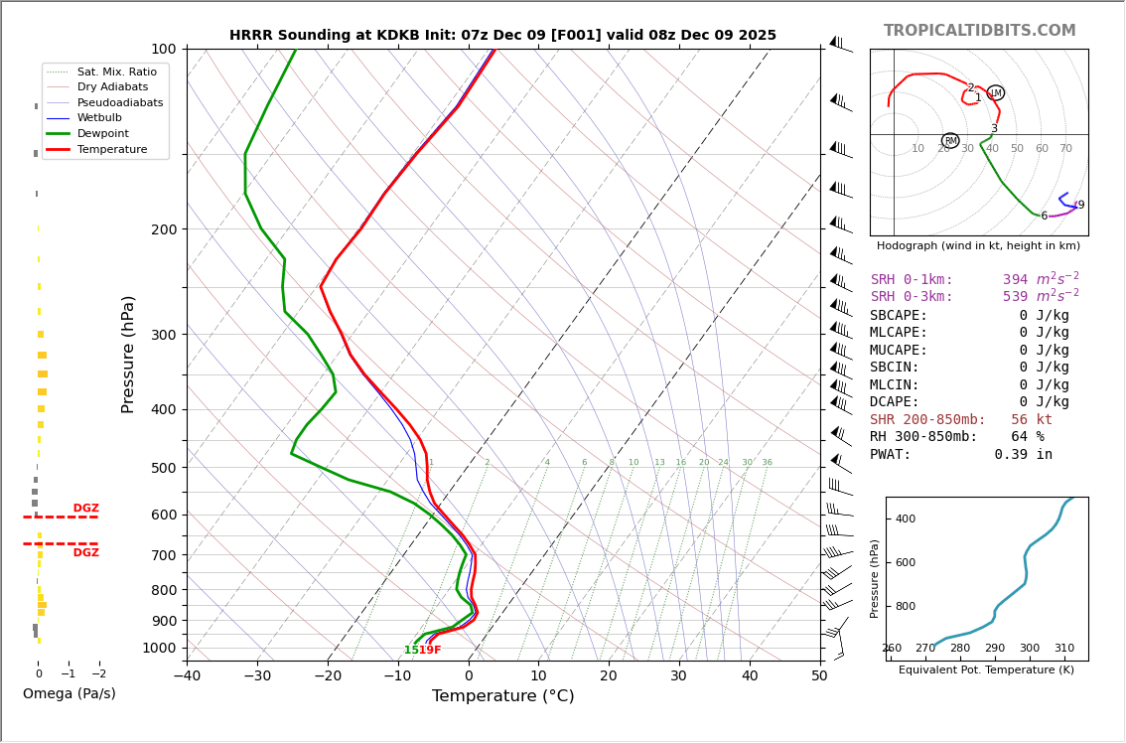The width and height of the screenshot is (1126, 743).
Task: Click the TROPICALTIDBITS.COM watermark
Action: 979,31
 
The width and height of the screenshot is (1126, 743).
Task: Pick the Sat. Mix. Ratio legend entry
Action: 116,72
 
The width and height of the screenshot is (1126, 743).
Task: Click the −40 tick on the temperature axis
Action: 187,676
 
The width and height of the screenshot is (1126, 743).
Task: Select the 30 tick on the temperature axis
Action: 679,676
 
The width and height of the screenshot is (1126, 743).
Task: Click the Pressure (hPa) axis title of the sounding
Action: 128,354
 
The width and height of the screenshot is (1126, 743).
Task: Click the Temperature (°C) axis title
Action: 502,696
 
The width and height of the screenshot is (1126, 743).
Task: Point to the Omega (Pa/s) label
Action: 69,693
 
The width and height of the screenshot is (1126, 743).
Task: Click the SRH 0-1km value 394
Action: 1015,280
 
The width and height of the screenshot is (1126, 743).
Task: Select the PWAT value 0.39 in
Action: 1023,455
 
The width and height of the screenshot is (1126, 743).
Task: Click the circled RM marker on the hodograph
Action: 950,141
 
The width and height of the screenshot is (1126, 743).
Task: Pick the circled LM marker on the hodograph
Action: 995,93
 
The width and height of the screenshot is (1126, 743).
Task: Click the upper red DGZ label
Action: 85,509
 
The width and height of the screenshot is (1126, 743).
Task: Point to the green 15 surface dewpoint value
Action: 410,651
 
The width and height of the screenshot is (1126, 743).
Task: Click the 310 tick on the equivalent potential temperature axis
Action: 1063,649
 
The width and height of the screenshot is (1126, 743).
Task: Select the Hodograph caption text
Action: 978,246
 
